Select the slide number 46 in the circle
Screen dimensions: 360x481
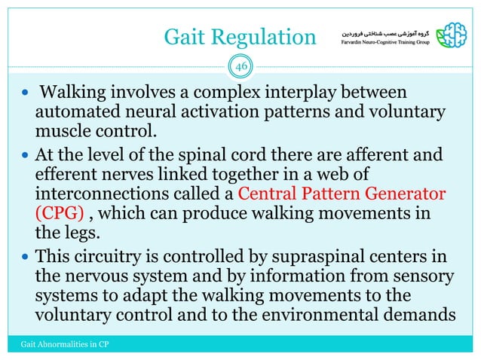240,66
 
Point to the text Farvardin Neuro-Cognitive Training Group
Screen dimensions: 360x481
381,44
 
